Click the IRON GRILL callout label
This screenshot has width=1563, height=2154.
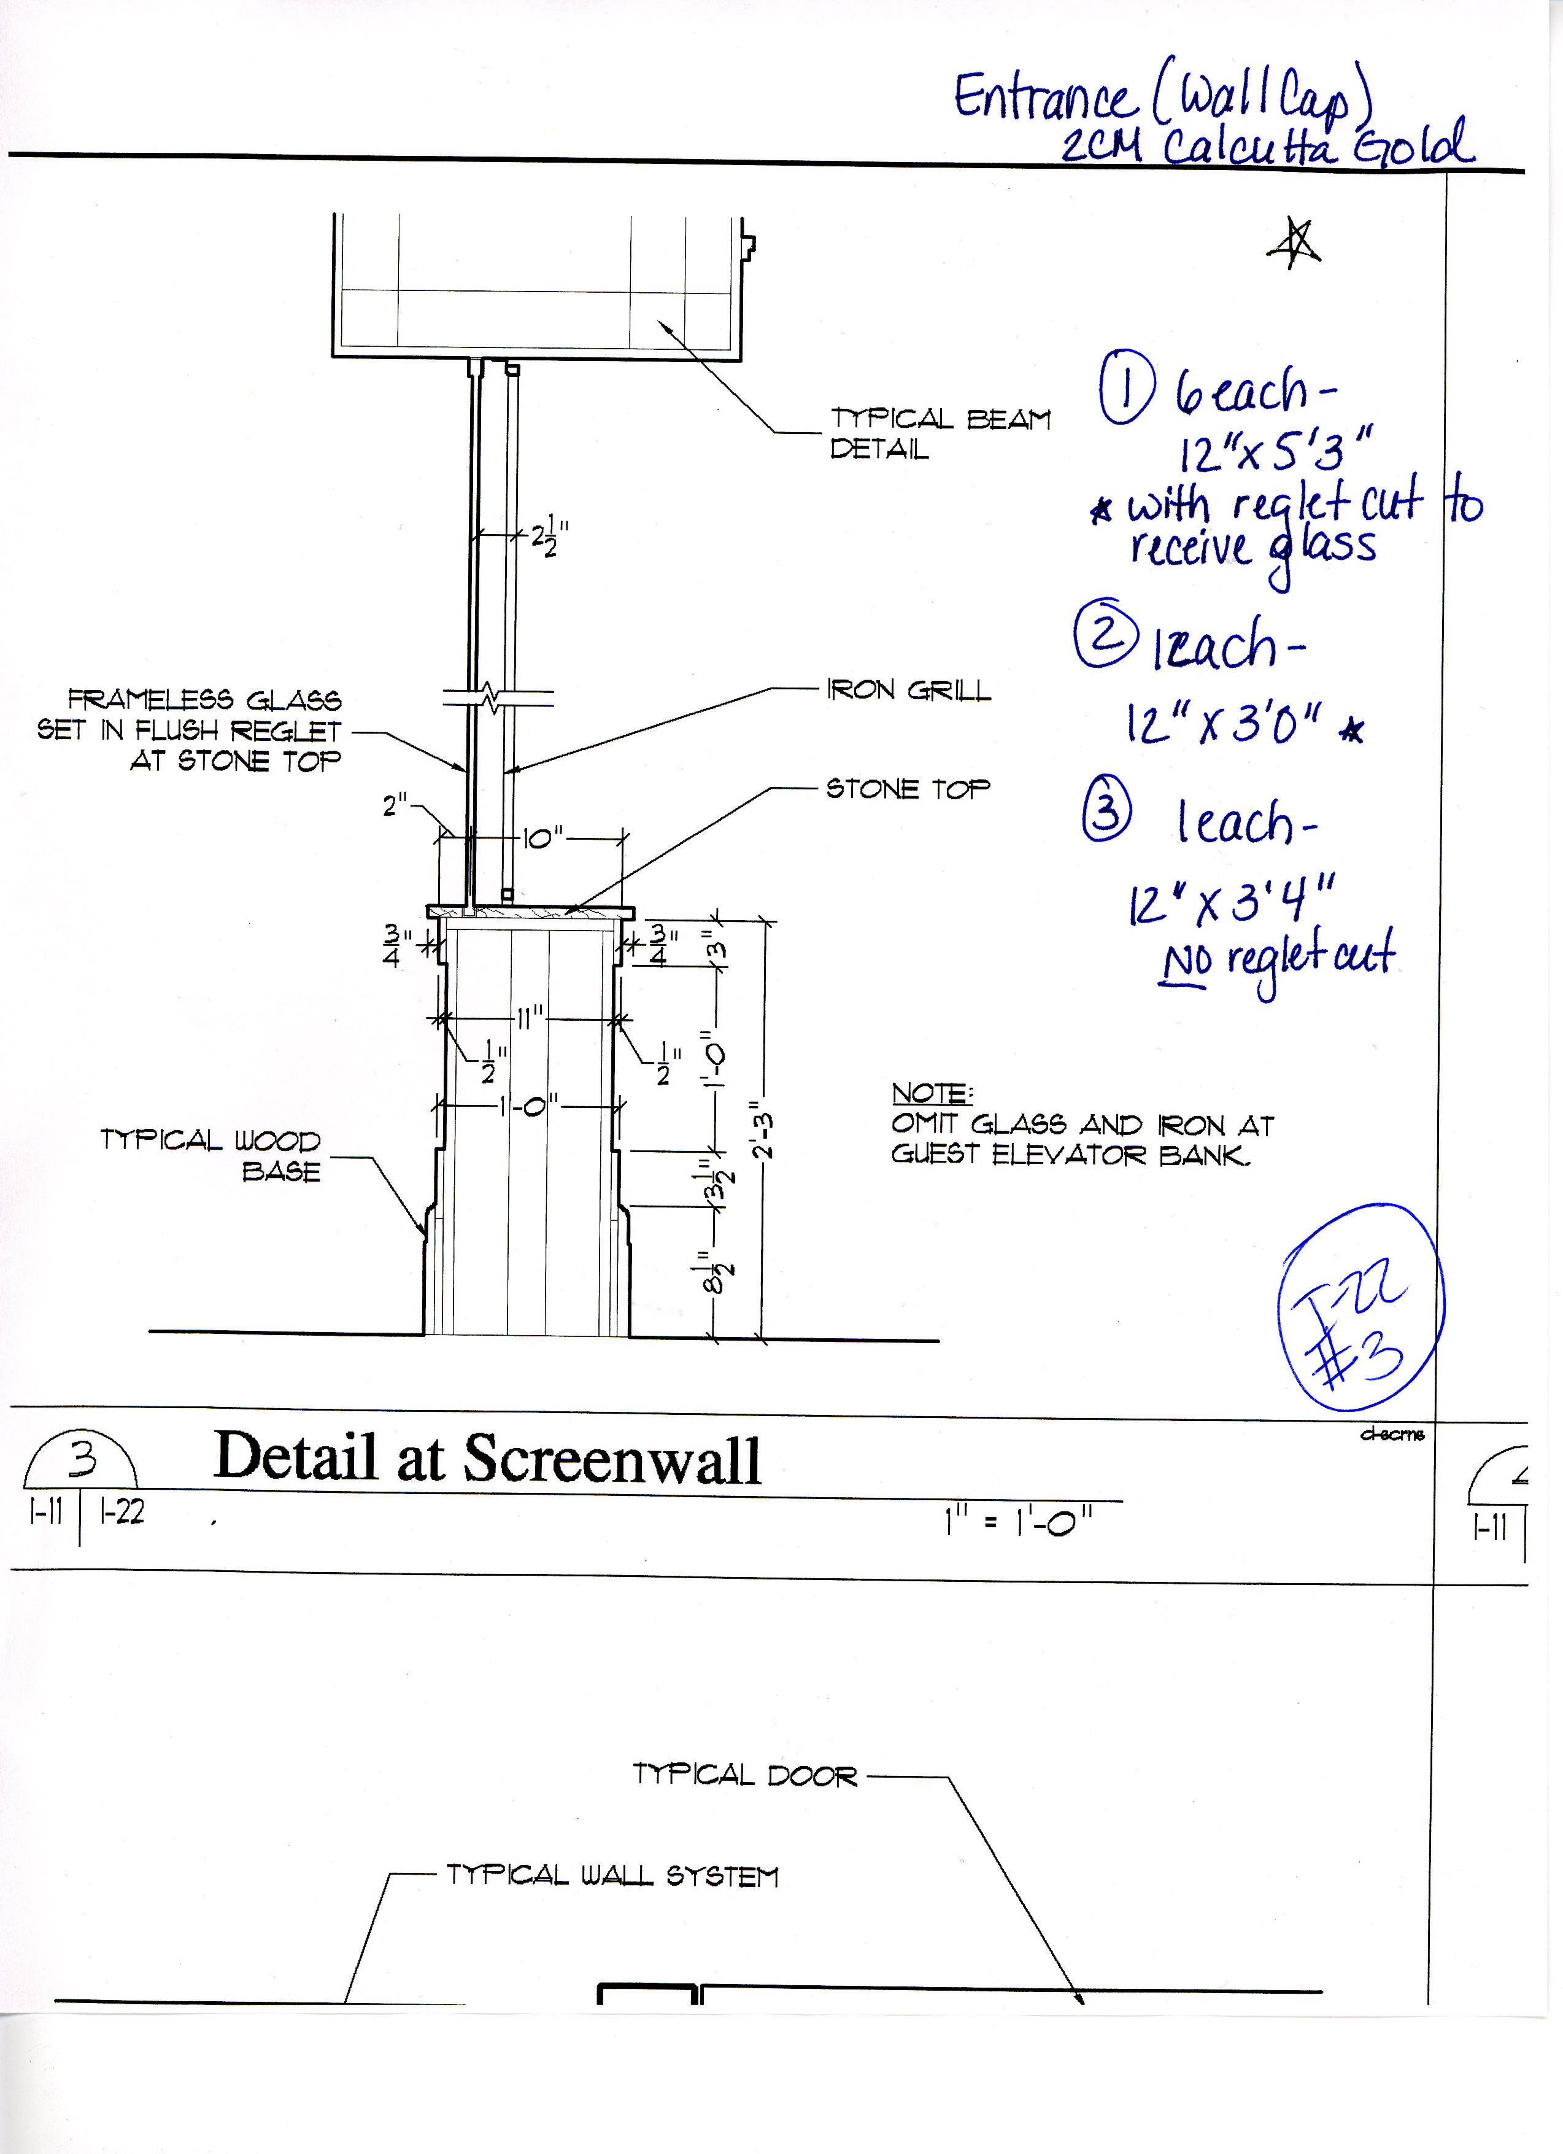point(909,691)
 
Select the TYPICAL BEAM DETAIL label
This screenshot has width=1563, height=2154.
point(940,433)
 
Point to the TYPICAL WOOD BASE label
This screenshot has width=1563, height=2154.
point(211,1155)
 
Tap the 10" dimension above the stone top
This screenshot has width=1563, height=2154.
point(542,838)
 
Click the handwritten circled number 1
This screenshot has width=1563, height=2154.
point(1127,389)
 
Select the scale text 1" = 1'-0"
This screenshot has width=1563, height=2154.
point(1018,1524)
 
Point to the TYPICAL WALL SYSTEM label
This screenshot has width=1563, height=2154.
point(612,1876)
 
